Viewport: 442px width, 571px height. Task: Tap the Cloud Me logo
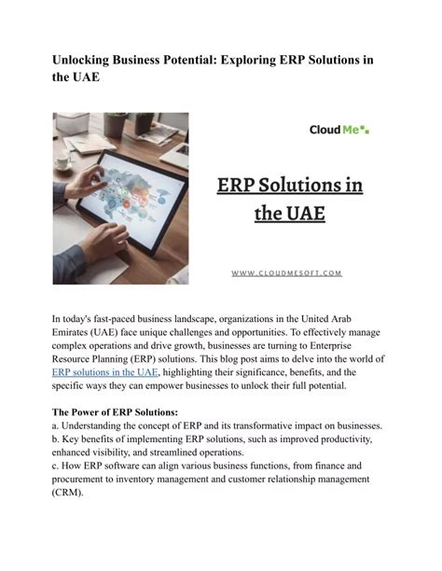(x=338, y=130)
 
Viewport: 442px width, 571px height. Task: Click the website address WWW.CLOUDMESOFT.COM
(x=286, y=273)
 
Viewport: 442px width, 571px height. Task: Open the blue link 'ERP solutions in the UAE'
(x=105, y=371)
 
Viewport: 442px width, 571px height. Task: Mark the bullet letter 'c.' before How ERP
(x=56, y=465)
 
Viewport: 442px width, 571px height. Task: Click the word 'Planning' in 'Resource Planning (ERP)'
(x=131, y=358)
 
